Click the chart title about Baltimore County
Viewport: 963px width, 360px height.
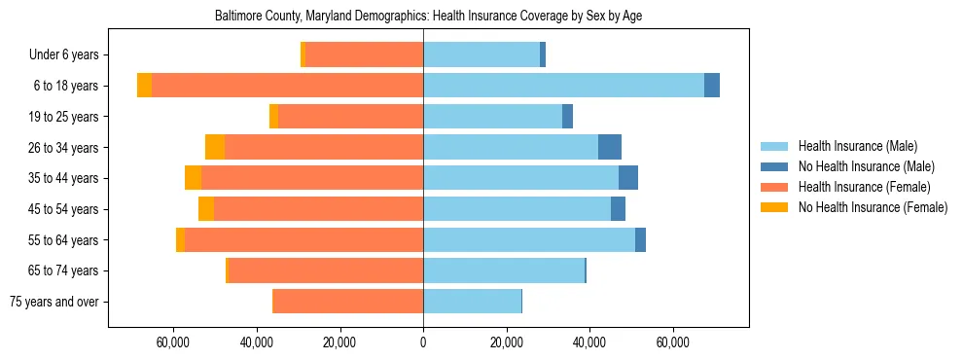(428, 16)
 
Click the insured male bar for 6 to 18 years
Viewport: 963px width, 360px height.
(563, 86)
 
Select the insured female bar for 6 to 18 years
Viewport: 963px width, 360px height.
(287, 86)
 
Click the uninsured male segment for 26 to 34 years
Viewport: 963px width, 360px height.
(610, 147)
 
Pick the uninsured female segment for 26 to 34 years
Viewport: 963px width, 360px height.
(215, 147)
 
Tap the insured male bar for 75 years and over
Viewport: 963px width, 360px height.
(472, 302)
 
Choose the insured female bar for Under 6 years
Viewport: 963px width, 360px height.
(364, 54)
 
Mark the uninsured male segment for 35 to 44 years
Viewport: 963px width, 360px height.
(628, 178)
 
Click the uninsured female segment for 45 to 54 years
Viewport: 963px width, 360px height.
(206, 209)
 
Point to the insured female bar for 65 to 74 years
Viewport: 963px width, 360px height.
(325, 270)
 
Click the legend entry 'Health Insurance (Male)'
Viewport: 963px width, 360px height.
(857, 146)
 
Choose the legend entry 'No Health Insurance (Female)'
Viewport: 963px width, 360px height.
(873, 207)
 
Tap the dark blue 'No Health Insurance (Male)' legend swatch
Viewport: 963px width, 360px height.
(774, 166)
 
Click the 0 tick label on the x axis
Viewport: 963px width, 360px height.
(423, 343)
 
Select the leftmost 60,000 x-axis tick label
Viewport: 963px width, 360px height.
(173, 343)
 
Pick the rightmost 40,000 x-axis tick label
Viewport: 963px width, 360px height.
(589, 343)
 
